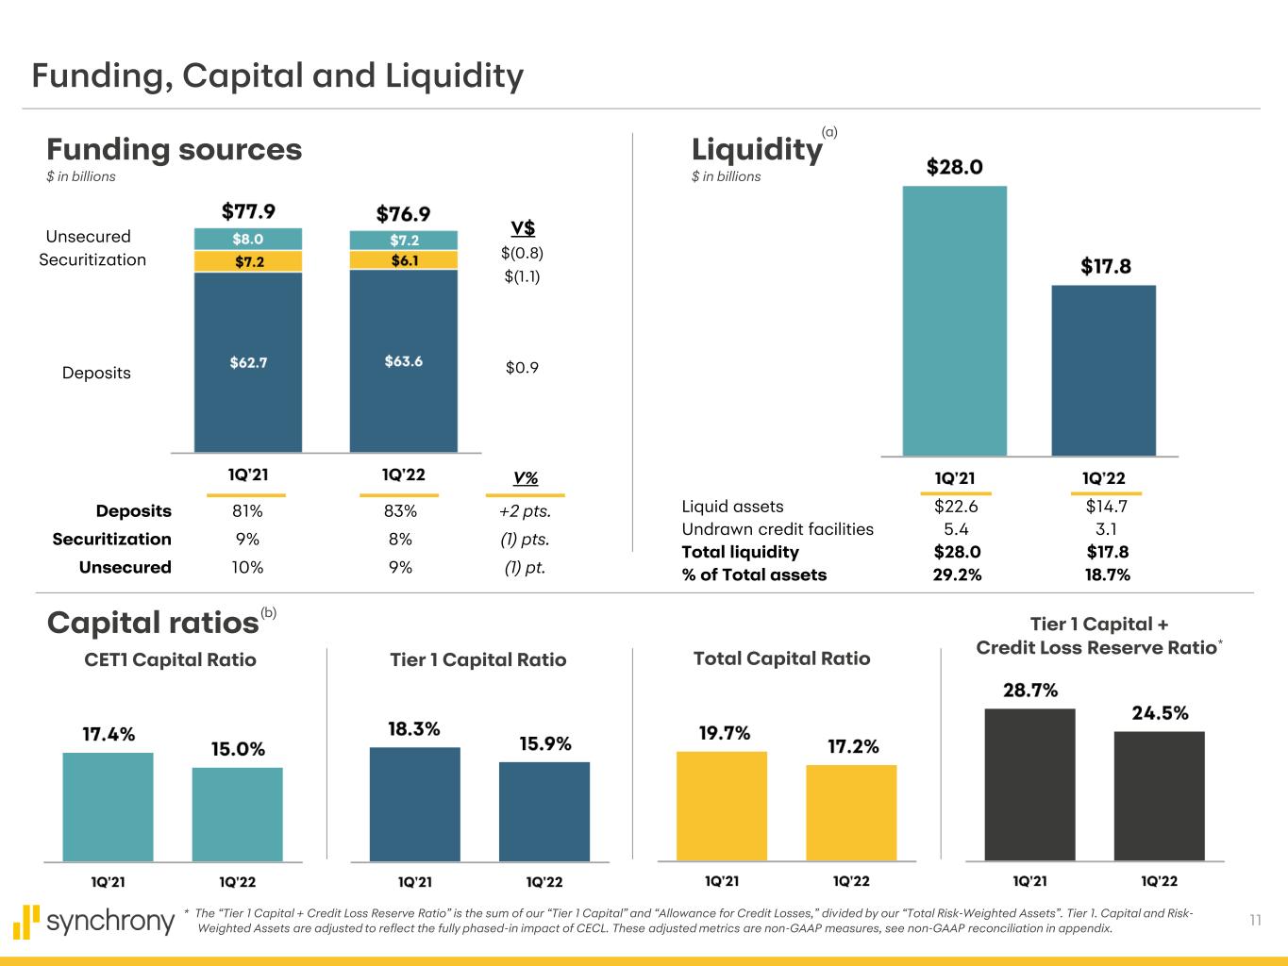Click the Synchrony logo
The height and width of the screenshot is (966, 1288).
pos(94,921)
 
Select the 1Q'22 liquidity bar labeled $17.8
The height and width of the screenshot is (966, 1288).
pos(1103,370)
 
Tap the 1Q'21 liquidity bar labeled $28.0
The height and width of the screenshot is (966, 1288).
pos(954,321)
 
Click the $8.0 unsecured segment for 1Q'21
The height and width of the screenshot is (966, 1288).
pos(235,239)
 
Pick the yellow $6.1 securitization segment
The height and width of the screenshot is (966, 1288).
pos(403,259)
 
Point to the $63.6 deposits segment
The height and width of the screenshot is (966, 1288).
pos(403,360)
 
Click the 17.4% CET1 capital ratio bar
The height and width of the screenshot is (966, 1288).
pos(108,807)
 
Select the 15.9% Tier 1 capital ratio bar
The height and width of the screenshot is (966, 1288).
pos(544,811)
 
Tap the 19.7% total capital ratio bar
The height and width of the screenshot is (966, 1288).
pos(721,806)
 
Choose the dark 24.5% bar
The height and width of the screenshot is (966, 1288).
pos(1159,795)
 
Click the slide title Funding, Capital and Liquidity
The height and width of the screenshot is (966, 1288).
pos(277,75)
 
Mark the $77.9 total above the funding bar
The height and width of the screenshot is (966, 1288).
pos(248,210)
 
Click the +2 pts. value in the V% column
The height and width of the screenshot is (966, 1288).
pos(525,511)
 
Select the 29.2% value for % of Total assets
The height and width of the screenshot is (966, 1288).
pos(950,575)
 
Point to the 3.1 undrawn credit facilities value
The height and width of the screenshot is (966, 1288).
pos(1107,529)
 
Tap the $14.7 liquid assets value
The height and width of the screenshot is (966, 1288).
pos(1107,507)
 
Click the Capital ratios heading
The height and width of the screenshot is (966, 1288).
pos(153,623)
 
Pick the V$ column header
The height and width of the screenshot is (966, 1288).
pos(523,228)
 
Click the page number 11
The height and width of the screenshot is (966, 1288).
pos(1255,921)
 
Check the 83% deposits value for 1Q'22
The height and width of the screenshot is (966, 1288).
pos(400,511)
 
